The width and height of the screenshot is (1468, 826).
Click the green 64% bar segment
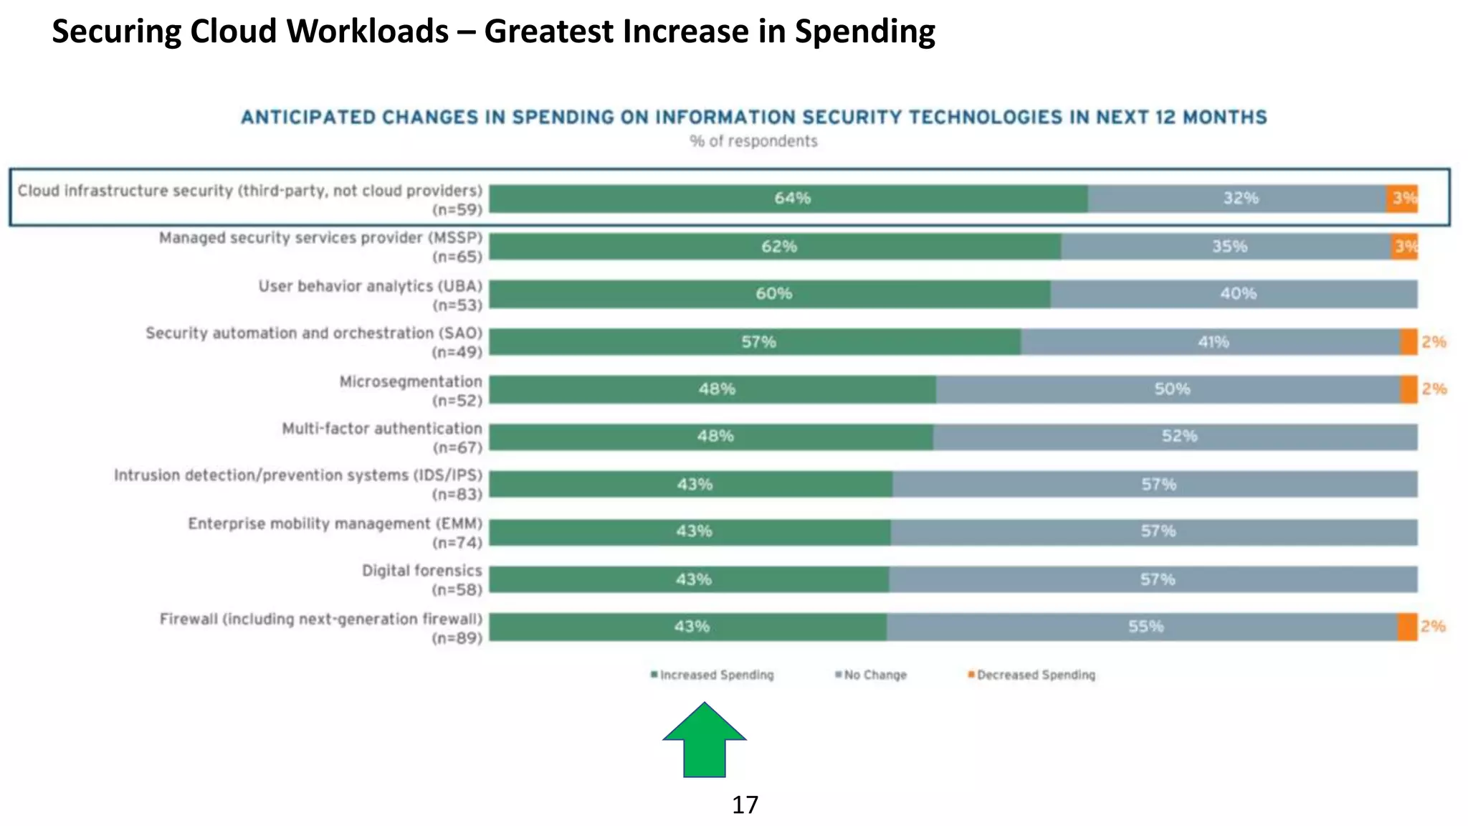[x=788, y=199]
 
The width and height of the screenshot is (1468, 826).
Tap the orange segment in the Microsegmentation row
[x=1409, y=389]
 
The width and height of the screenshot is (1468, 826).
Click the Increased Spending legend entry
[x=712, y=675]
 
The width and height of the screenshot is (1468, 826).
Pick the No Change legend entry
[x=871, y=675]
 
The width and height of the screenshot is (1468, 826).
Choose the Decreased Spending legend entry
[x=1031, y=675]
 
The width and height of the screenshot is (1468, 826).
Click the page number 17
[x=745, y=805]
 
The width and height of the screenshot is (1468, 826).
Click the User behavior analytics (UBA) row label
[x=370, y=286]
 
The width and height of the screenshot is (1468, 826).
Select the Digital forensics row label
[x=421, y=571]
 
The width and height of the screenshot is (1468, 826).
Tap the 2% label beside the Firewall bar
[x=1433, y=627]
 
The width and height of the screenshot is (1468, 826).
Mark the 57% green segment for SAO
[x=756, y=342]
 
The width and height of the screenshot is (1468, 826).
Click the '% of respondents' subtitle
[x=753, y=141]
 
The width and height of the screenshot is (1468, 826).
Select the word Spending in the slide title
[x=864, y=32]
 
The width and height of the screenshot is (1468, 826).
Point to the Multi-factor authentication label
[x=381, y=429]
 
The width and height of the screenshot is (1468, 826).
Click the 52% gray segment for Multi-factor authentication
[x=1176, y=437]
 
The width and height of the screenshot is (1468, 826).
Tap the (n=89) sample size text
[x=457, y=638]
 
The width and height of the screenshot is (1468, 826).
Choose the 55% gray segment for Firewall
[x=1143, y=627]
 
